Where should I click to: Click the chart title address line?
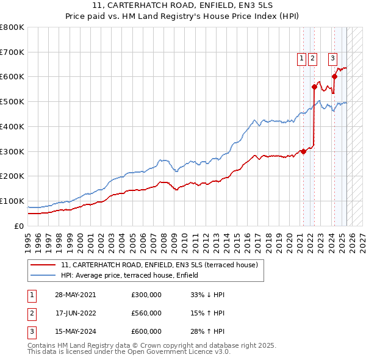[183, 5]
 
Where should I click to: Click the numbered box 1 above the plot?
[302, 59]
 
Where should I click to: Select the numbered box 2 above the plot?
[312, 59]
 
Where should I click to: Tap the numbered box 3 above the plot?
[332, 59]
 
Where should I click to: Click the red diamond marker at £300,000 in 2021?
[303, 151]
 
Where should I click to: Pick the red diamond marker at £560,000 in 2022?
[314, 87]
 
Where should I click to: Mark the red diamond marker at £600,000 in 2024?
[334, 76]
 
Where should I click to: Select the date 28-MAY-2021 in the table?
[75, 295]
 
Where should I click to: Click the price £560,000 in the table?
[146, 313]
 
